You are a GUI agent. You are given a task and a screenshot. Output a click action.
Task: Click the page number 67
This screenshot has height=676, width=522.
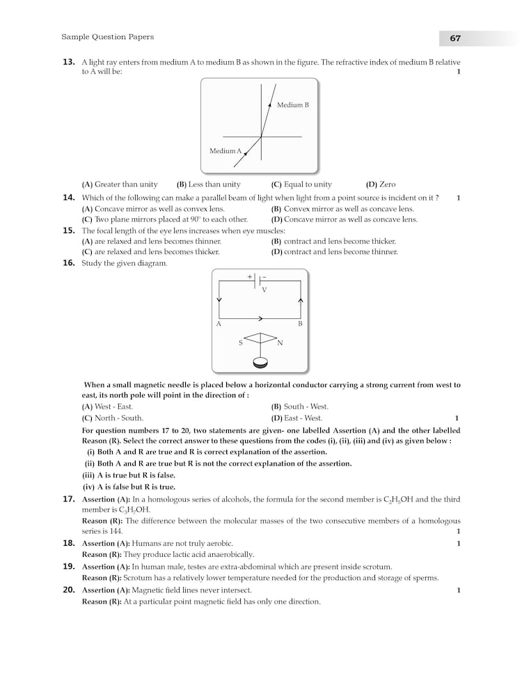click(x=455, y=38)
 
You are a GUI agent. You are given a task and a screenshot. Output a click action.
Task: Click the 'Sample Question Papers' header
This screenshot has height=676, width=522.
click(x=108, y=37)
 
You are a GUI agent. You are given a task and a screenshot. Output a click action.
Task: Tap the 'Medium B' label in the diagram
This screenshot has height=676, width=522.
click(x=292, y=105)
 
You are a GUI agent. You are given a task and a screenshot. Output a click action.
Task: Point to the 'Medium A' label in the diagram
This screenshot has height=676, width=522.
click(x=226, y=151)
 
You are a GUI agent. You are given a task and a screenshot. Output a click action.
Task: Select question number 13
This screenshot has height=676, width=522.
click(x=69, y=62)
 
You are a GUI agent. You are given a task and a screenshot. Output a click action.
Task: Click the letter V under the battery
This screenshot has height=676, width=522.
click(x=264, y=290)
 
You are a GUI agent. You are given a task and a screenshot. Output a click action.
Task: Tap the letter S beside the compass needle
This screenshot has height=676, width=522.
click(x=241, y=343)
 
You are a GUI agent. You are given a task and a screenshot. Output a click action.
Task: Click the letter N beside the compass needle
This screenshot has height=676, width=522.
click(x=280, y=343)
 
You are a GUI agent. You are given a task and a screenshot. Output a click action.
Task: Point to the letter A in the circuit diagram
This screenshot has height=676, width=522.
click(x=219, y=324)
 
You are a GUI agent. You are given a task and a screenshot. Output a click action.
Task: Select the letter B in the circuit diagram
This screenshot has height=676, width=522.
click(x=300, y=324)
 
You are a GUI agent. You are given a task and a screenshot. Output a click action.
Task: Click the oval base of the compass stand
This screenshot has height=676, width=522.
click(x=260, y=362)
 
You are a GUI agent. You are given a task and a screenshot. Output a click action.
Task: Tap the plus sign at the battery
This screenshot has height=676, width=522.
click(x=249, y=276)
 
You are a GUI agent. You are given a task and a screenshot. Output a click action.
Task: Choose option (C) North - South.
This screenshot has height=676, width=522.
click(x=113, y=418)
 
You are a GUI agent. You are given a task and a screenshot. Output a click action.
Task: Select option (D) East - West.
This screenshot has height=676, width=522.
click(x=296, y=418)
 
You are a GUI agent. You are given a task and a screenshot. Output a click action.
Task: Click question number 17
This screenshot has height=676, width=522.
click(x=69, y=499)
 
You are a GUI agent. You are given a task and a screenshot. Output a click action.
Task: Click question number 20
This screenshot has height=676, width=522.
click(x=69, y=590)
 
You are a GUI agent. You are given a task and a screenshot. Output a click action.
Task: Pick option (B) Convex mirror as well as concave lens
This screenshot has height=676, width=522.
click(x=342, y=209)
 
